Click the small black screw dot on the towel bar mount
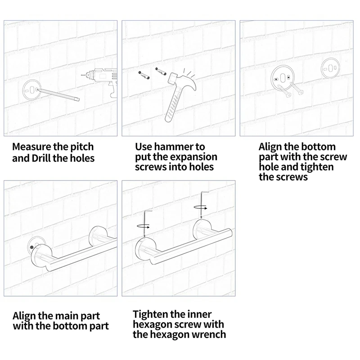31,247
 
